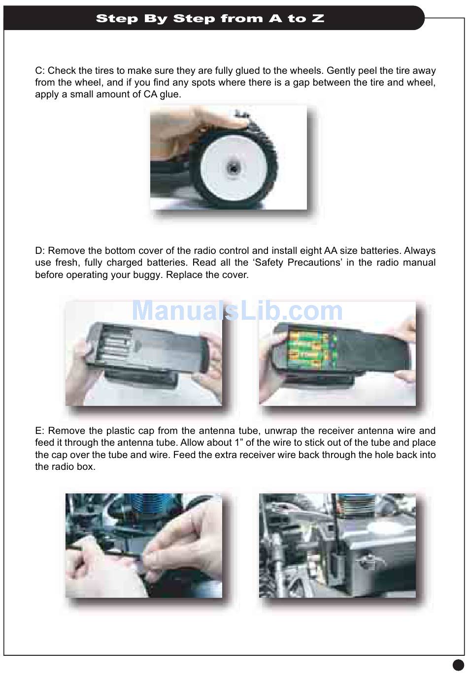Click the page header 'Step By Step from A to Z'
tap(210, 19)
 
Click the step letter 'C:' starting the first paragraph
tap(40, 71)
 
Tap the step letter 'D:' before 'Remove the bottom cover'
tap(40, 250)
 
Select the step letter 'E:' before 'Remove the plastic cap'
tap(40, 430)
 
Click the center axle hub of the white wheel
tap(233, 168)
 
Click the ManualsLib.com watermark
tap(237, 311)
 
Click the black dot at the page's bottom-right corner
tap(458, 664)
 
